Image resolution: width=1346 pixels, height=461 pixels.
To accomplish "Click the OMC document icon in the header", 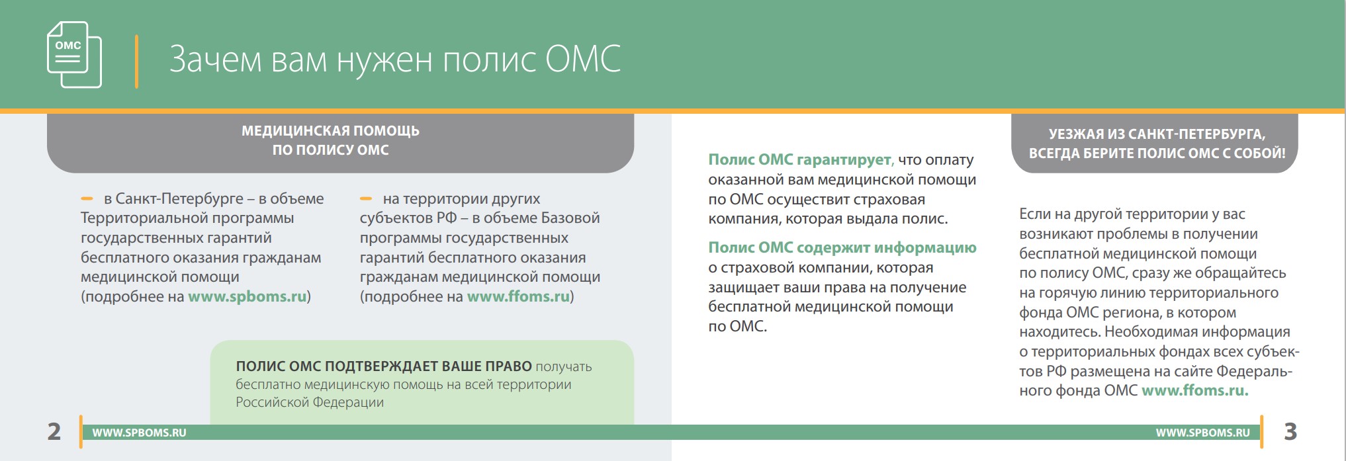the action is coord(74,54).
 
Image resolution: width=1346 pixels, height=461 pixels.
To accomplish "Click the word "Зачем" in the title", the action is coord(215,59).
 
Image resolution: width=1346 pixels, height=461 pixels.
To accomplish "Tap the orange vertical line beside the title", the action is coord(136,61).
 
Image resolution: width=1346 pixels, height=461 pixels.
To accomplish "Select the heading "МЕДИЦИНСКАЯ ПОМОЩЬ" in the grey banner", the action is coord(330,131).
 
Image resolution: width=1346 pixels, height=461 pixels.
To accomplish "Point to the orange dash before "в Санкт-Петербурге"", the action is coord(87,198).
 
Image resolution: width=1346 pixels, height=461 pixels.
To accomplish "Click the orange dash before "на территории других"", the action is coord(366,198).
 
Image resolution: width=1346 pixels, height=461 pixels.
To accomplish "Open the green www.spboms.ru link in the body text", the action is coord(247,296).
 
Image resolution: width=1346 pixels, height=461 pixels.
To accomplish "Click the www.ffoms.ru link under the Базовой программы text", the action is coord(519,296).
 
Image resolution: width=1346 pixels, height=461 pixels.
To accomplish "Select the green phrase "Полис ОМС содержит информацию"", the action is coord(842,247).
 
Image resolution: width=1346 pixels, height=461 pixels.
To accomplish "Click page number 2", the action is coord(54,431).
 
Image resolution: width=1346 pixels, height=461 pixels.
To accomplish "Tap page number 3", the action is coord(1290,431).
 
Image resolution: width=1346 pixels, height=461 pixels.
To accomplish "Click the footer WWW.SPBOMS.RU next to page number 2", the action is coord(139,433).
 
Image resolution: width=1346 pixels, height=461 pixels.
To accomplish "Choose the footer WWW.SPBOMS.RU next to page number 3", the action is coord(1203,433).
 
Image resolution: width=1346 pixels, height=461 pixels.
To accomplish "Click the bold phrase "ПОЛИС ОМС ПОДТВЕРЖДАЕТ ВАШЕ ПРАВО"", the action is coord(384,366).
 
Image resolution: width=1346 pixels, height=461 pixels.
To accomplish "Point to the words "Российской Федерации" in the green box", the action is coord(310,402).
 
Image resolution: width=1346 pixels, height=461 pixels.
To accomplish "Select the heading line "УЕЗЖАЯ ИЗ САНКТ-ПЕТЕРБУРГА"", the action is coord(1157,134).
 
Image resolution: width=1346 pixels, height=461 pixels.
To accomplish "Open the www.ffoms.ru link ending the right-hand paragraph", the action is coord(1195,390).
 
